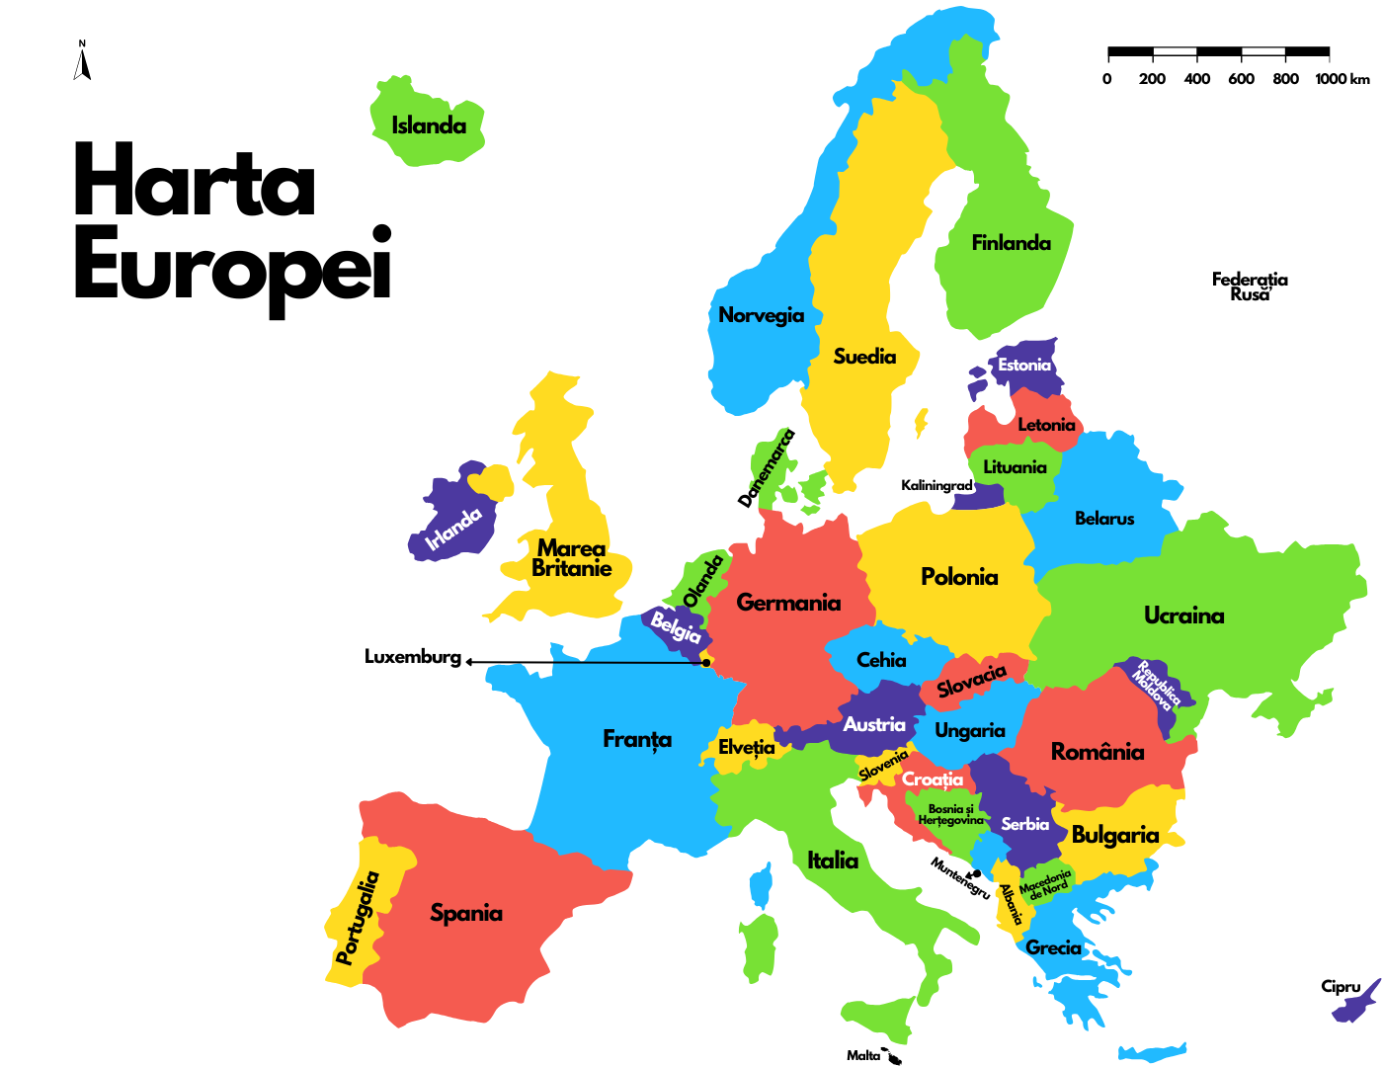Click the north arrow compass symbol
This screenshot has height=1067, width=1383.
83,61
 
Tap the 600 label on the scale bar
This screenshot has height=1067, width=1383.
1241,79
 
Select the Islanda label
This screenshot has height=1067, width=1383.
429,125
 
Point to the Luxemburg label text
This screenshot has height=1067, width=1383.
413,657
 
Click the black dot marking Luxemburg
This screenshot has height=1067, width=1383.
706,663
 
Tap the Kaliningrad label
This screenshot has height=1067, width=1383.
936,485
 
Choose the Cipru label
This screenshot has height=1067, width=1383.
1341,986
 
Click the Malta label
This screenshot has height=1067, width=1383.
863,1055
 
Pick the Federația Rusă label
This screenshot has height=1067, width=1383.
1250,287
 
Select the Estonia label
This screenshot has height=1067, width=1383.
1024,365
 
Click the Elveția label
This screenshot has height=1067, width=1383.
747,747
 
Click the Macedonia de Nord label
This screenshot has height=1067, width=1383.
1045,883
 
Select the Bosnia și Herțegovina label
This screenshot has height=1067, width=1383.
950,814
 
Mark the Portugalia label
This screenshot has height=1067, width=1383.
358,918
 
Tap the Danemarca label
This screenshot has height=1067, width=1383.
767,468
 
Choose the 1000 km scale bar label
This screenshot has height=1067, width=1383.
1342,79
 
